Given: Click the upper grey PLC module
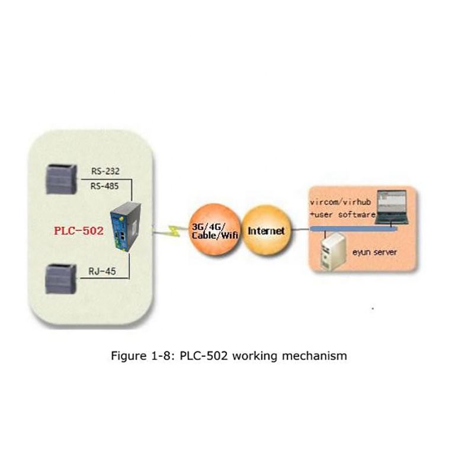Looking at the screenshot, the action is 60,177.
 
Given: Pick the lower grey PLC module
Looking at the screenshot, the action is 60,277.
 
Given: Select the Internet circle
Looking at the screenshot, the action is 265,230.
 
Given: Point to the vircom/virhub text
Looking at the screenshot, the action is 341,203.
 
